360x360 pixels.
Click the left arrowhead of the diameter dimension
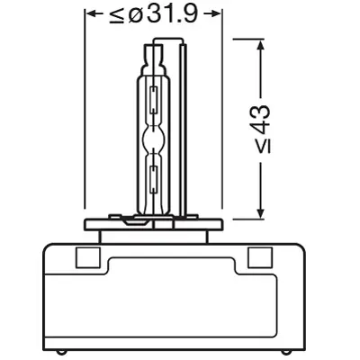pos(90,15)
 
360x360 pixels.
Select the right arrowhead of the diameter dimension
pos(216,15)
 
